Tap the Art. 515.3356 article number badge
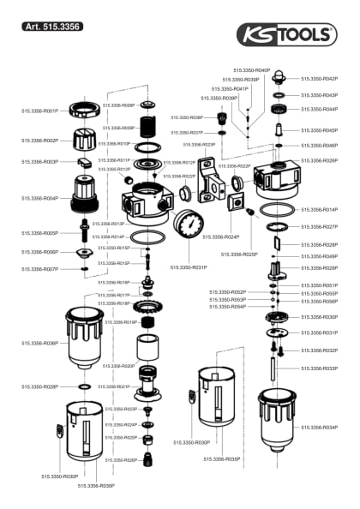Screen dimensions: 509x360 click(53, 27)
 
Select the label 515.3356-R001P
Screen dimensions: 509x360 click(39, 111)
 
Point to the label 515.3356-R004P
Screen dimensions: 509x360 click(39, 198)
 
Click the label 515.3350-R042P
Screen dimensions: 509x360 click(319, 78)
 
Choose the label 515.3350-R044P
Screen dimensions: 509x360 click(319, 110)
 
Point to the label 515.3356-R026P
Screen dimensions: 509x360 click(319, 160)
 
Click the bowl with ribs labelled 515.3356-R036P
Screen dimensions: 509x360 click(84, 336)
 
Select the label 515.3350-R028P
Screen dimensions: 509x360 click(39, 386)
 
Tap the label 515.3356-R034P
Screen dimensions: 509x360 click(319, 426)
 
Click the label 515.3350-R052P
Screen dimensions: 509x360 click(228, 291)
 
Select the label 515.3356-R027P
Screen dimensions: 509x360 click(319, 227)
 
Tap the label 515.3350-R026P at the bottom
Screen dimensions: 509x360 click(121, 460)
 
